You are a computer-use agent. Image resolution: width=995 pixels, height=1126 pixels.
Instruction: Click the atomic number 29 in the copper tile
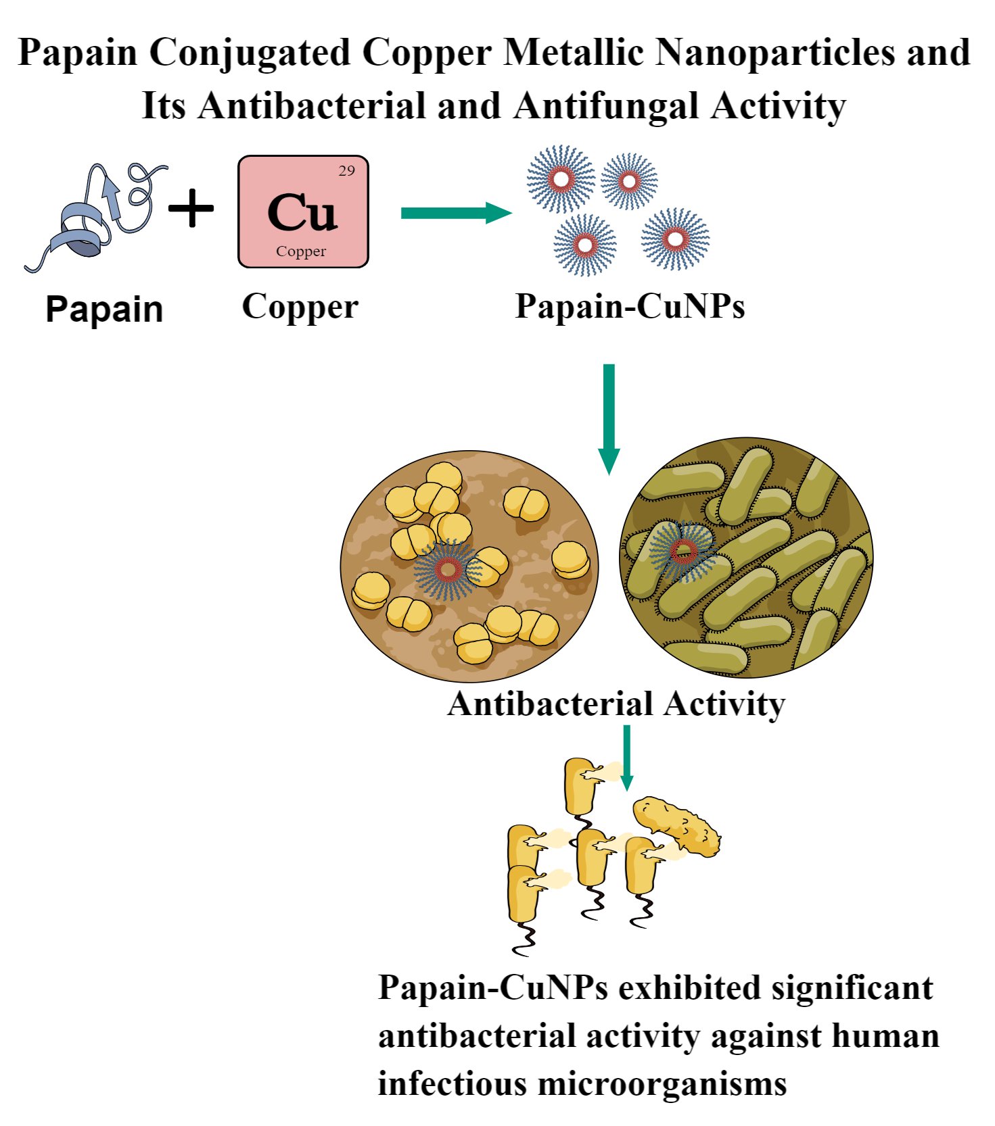pos(346,171)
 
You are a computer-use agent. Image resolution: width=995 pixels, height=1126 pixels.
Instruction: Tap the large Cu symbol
pos(302,212)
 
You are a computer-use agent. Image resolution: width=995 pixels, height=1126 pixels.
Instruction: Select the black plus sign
pos(191,208)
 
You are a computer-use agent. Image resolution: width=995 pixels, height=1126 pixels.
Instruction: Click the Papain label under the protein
pos(104,310)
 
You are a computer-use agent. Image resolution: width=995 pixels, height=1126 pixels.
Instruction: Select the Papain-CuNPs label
pos(630,306)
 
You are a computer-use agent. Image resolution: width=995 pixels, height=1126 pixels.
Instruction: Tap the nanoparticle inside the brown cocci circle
pos(447,570)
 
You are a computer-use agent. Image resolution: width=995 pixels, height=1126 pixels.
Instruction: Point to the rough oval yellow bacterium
pos(677,827)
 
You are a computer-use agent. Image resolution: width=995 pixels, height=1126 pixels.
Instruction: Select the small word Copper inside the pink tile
pos(301,251)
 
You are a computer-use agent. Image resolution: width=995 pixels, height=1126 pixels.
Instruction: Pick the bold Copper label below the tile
pos(300,307)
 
